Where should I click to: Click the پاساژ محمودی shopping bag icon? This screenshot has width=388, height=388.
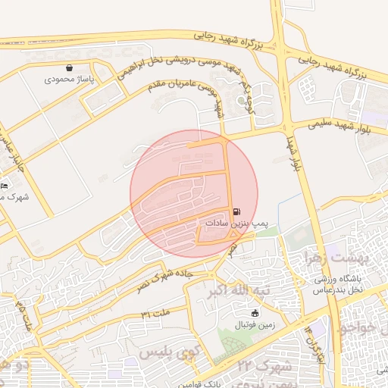pyautogui.click(x=70, y=67)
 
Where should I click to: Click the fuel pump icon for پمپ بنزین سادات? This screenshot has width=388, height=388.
pyautogui.click(x=236, y=211)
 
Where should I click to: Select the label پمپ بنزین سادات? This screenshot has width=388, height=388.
pyautogui.click(x=236, y=224)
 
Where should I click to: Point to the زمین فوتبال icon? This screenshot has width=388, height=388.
pyautogui.click(x=255, y=313)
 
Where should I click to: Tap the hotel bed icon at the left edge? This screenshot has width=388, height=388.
pyautogui.click(x=5, y=186)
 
